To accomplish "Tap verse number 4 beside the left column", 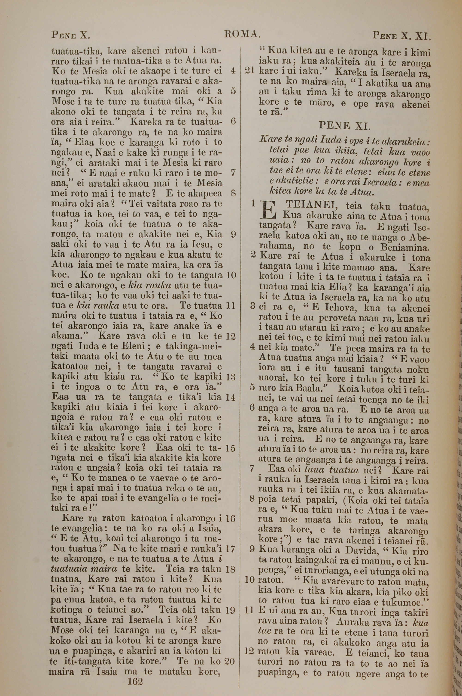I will [233, 71].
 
